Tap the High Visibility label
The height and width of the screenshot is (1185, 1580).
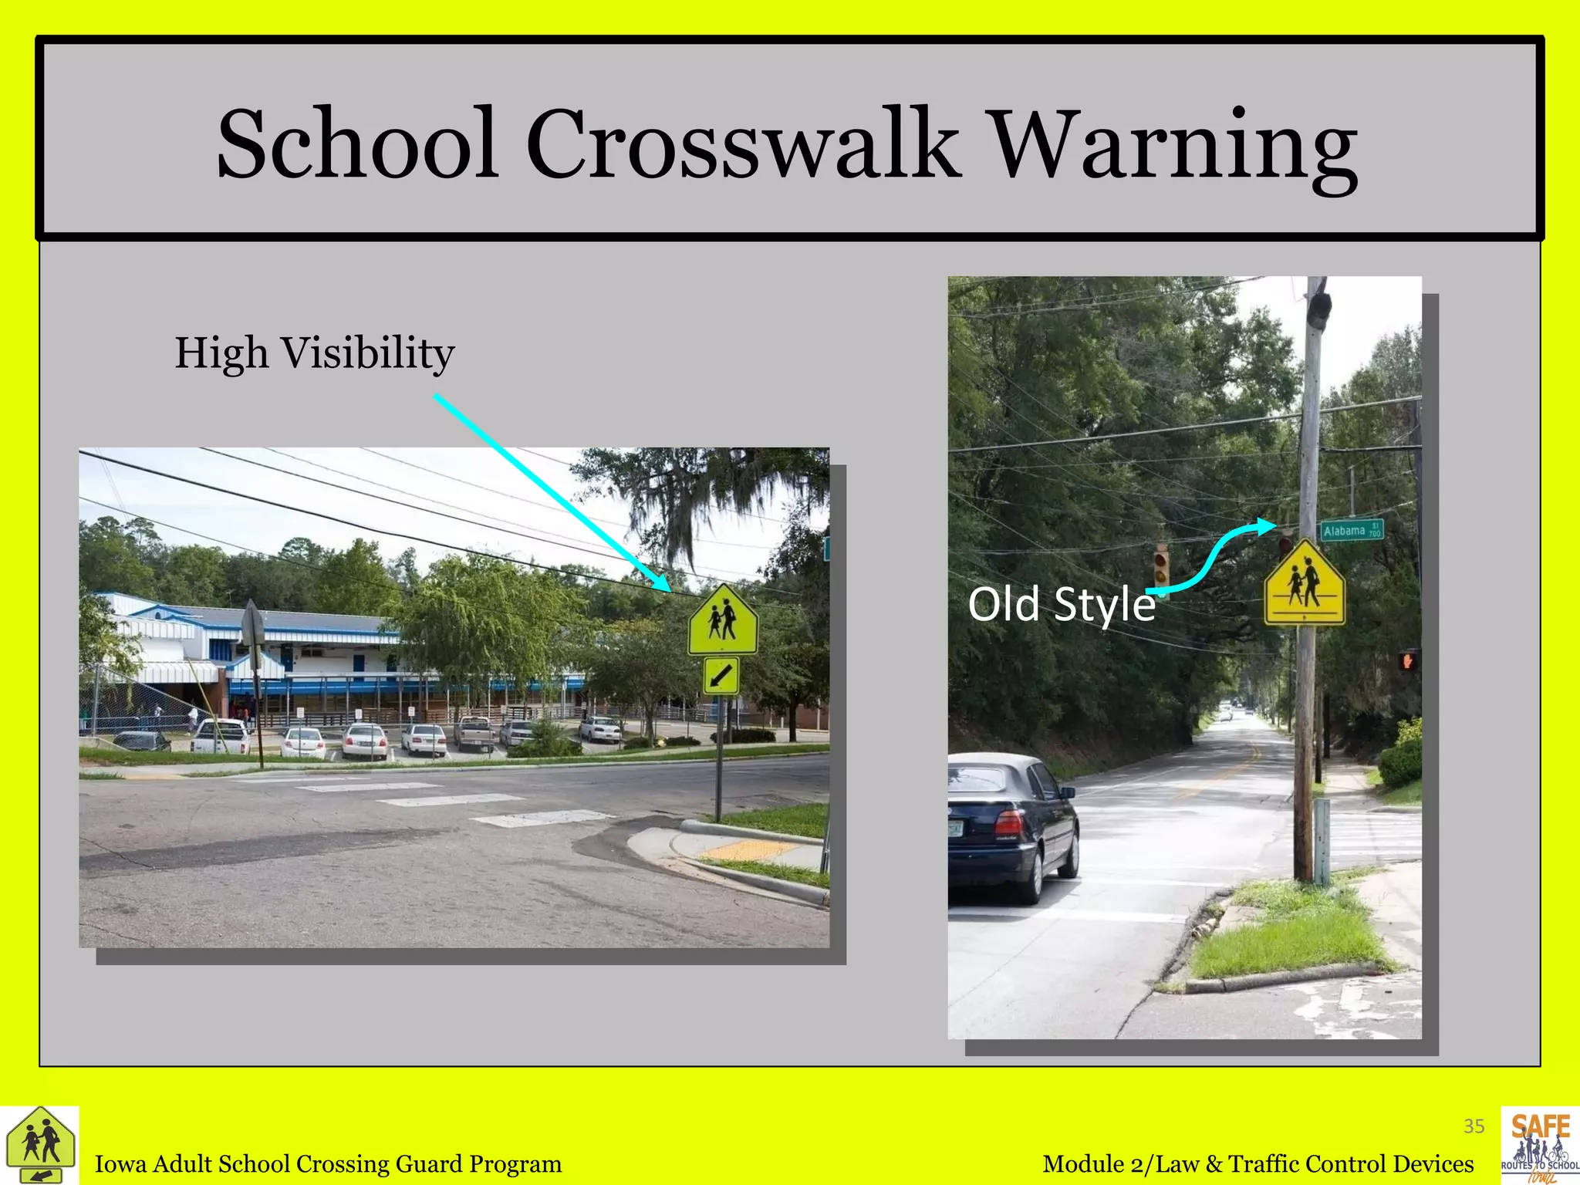click(314, 353)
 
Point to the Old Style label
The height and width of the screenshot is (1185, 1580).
click(1061, 604)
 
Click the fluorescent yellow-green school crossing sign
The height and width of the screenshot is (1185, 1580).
click(723, 620)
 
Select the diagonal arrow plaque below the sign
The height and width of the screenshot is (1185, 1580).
click(721, 676)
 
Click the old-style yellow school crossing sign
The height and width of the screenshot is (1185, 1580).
click(1305, 584)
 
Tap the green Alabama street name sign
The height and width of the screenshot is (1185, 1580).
click(1352, 530)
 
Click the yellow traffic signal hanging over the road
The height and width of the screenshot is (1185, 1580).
click(1161, 567)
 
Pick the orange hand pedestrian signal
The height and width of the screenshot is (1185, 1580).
click(1407, 660)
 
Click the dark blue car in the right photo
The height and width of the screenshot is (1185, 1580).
click(1011, 822)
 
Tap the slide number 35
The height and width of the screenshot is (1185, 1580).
click(1474, 1126)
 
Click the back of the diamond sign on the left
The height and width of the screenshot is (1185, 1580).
click(254, 623)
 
